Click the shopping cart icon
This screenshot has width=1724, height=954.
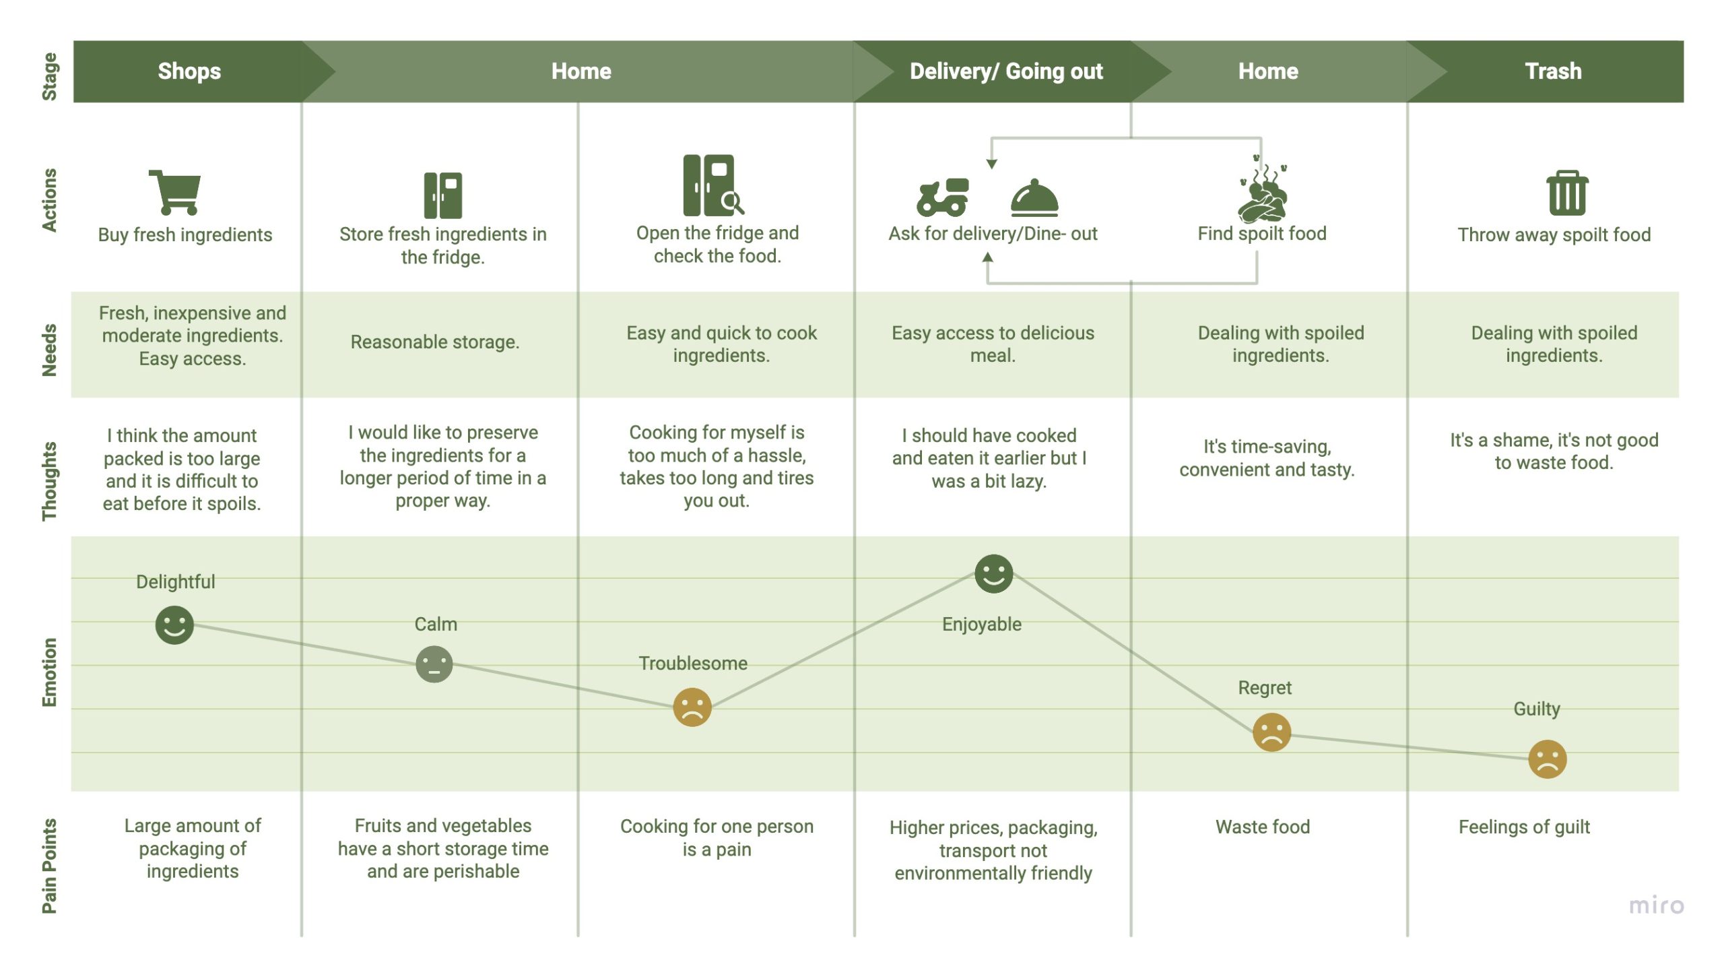coord(175,192)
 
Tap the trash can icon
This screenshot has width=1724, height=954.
coord(1567,193)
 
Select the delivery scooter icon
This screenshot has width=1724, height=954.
coord(942,197)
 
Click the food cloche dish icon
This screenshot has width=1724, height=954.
coord(1034,197)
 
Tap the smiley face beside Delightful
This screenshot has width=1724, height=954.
coord(174,625)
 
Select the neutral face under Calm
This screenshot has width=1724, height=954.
coord(434,664)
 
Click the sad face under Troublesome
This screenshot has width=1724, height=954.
coord(692,707)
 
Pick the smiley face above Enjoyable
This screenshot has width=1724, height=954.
coord(993,573)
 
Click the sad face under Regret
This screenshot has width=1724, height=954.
coord(1271,732)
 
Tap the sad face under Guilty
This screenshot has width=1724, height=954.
coord(1548,759)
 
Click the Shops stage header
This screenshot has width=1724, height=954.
coord(189,71)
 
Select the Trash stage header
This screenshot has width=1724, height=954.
coord(1553,71)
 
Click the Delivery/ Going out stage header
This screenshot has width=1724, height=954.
coord(1006,71)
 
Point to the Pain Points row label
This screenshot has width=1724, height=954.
coord(49,866)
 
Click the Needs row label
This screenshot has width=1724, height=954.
coord(49,350)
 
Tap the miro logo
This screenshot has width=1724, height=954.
coord(1656,905)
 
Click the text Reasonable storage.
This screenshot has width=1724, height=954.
coord(435,342)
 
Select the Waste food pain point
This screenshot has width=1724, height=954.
coord(1263,827)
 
